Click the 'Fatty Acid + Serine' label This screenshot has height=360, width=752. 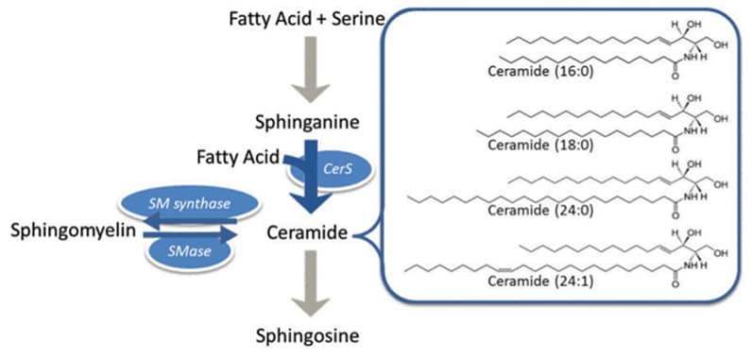click(307, 20)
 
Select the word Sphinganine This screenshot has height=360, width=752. click(307, 122)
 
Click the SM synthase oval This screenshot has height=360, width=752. click(190, 204)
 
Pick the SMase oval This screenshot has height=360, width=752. click(190, 250)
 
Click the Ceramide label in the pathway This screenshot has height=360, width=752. click(306, 233)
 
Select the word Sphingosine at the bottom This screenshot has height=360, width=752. click(307, 335)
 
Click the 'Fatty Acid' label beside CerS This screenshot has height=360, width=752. click(238, 157)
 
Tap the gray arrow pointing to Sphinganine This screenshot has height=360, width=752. click(311, 70)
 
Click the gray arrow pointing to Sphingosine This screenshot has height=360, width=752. click(311, 283)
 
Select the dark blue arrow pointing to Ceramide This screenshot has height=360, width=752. click(312, 178)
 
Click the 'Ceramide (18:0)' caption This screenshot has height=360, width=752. click(540, 145)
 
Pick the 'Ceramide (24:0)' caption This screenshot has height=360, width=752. click(540, 210)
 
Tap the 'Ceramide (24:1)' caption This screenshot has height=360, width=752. click(540, 281)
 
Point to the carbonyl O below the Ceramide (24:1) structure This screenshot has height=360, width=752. click(675, 284)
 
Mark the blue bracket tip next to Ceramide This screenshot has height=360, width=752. click(353, 235)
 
